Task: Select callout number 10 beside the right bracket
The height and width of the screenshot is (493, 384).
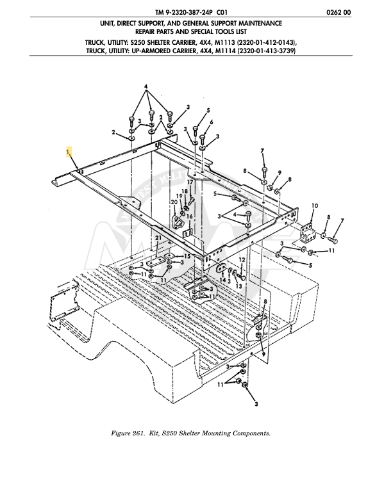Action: point(314,206)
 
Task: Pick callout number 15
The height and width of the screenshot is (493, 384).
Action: point(187,256)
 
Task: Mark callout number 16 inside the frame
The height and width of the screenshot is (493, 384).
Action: point(189,216)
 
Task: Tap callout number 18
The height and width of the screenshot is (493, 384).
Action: point(184,191)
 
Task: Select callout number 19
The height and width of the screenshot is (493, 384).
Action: point(180,196)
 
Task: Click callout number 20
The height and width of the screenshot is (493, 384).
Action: point(173,202)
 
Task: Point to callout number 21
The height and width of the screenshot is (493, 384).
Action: point(158,238)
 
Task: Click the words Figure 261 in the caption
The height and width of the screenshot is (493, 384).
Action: point(131,433)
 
